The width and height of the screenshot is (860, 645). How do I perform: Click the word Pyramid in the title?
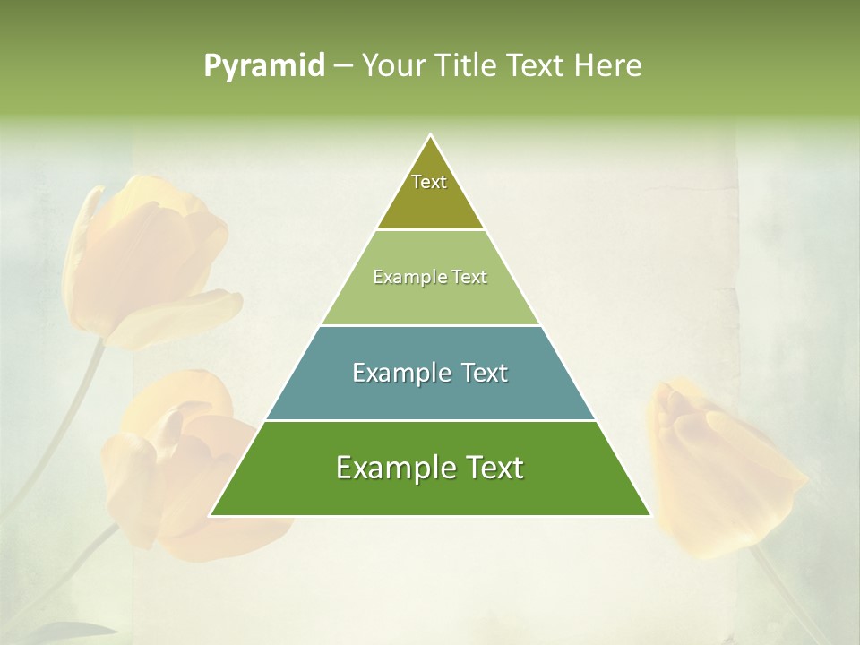263,66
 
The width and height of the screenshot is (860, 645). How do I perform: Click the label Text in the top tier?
429,182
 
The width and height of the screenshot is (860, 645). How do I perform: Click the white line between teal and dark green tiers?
430,420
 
